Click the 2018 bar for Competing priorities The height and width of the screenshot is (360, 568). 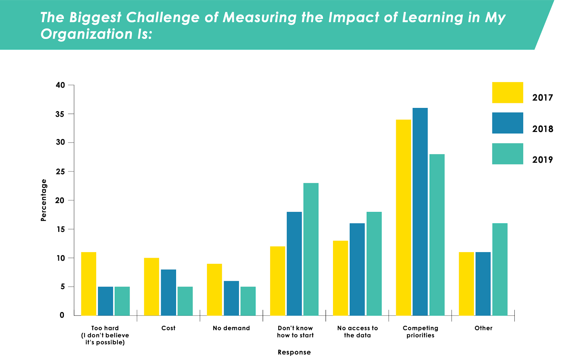[x=420, y=212]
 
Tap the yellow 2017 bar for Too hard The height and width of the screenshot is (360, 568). [x=89, y=284]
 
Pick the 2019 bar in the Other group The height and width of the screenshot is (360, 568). [x=500, y=269]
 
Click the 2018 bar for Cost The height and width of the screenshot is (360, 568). [x=168, y=292]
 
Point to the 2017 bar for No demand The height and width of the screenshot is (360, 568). [x=214, y=289]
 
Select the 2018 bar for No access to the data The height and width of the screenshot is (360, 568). [x=357, y=269]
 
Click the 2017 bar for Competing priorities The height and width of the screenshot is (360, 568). [x=403, y=217]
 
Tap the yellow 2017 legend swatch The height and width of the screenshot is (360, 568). [x=507, y=93]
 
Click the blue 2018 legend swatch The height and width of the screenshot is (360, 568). [x=507, y=123]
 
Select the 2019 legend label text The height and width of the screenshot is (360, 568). [x=542, y=160]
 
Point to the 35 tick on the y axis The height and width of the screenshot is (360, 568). [x=60, y=114]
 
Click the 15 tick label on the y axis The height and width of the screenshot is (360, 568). [x=60, y=229]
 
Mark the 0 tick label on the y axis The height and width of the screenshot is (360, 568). [x=62, y=315]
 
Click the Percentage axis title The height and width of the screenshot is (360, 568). [x=44, y=200]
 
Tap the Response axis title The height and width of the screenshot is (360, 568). [x=294, y=352]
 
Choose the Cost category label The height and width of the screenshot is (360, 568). [x=168, y=328]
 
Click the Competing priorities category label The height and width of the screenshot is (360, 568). [x=420, y=332]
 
